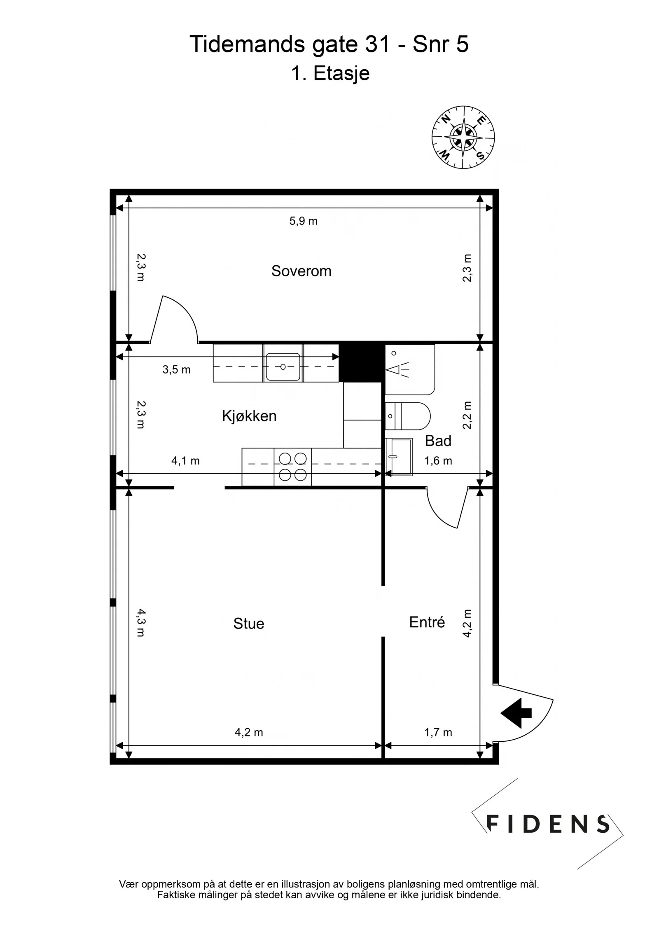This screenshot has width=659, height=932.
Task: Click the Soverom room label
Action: [301, 271]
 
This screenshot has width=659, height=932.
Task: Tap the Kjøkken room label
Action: [249, 416]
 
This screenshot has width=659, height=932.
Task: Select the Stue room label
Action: [248, 624]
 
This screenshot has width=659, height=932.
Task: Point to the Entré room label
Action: [427, 622]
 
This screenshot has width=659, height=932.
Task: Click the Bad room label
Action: [438, 441]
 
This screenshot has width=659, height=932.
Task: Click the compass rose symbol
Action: [463, 137]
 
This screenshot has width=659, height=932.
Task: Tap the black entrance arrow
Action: [516, 713]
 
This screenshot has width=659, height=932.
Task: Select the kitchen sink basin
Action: [283, 367]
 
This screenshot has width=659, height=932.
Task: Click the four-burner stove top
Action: [293, 467]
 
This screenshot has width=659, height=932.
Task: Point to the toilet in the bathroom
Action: [407, 416]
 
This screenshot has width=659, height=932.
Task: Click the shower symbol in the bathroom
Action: [398, 370]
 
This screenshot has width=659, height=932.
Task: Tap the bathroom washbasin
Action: [399, 457]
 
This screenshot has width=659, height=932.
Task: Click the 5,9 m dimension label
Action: [303, 221]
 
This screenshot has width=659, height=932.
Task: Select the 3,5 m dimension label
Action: [176, 369]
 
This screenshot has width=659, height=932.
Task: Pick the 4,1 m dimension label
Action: [185, 460]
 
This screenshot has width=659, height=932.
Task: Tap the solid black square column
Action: [361, 363]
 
